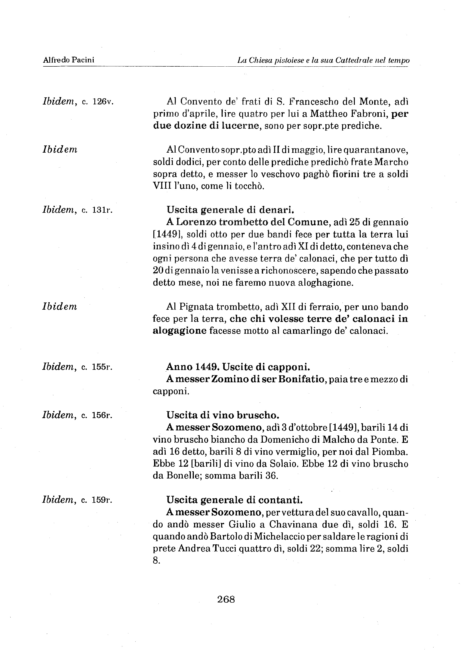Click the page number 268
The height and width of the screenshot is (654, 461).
[226, 599]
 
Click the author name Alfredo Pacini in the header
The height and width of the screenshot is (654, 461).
[69, 60]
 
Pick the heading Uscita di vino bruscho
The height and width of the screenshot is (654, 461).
[221, 415]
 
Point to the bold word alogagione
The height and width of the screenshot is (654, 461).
[179, 331]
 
